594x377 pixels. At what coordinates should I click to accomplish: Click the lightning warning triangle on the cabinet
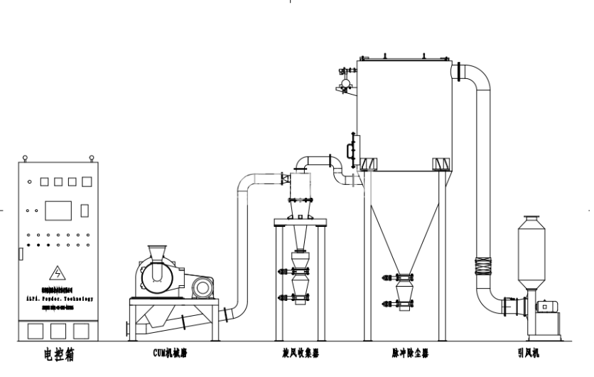[56, 272]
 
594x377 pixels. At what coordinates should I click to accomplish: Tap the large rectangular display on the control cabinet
[58, 211]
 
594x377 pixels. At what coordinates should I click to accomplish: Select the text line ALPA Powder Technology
[58, 299]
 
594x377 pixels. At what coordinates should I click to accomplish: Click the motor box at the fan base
[546, 306]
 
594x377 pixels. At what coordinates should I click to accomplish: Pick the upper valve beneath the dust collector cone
[405, 277]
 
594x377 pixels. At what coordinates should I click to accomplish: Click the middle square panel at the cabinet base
[58, 331]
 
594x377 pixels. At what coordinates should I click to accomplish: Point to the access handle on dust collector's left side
[348, 149]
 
